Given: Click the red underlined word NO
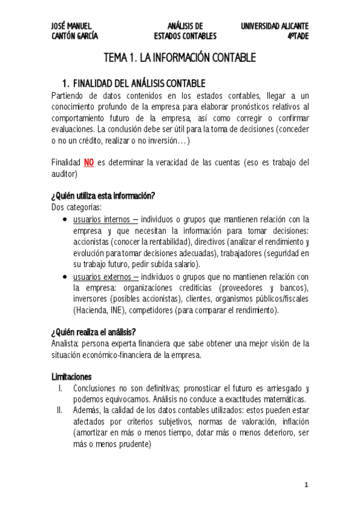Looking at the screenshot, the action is (89, 162).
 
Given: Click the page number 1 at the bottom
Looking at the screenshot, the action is (306, 484).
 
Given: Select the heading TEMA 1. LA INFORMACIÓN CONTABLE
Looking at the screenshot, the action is (180, 58).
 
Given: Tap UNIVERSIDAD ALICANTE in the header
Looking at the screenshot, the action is (275, 26).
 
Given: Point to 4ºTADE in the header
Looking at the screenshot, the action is (297, 36).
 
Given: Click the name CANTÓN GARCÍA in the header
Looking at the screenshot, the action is (75, 36).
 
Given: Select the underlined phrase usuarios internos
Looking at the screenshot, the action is (103, 219).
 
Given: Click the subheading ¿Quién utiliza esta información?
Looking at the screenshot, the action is (104, 196).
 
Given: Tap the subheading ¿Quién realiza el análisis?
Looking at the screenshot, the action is (93, 332).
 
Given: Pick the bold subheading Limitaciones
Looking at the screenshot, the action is (72, 377).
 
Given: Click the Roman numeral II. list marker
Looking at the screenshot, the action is (59, 411).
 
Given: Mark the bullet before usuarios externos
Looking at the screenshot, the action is (65, 277).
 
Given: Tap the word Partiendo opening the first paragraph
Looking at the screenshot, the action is (70, 95).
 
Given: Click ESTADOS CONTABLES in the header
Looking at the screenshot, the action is (185, 36).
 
